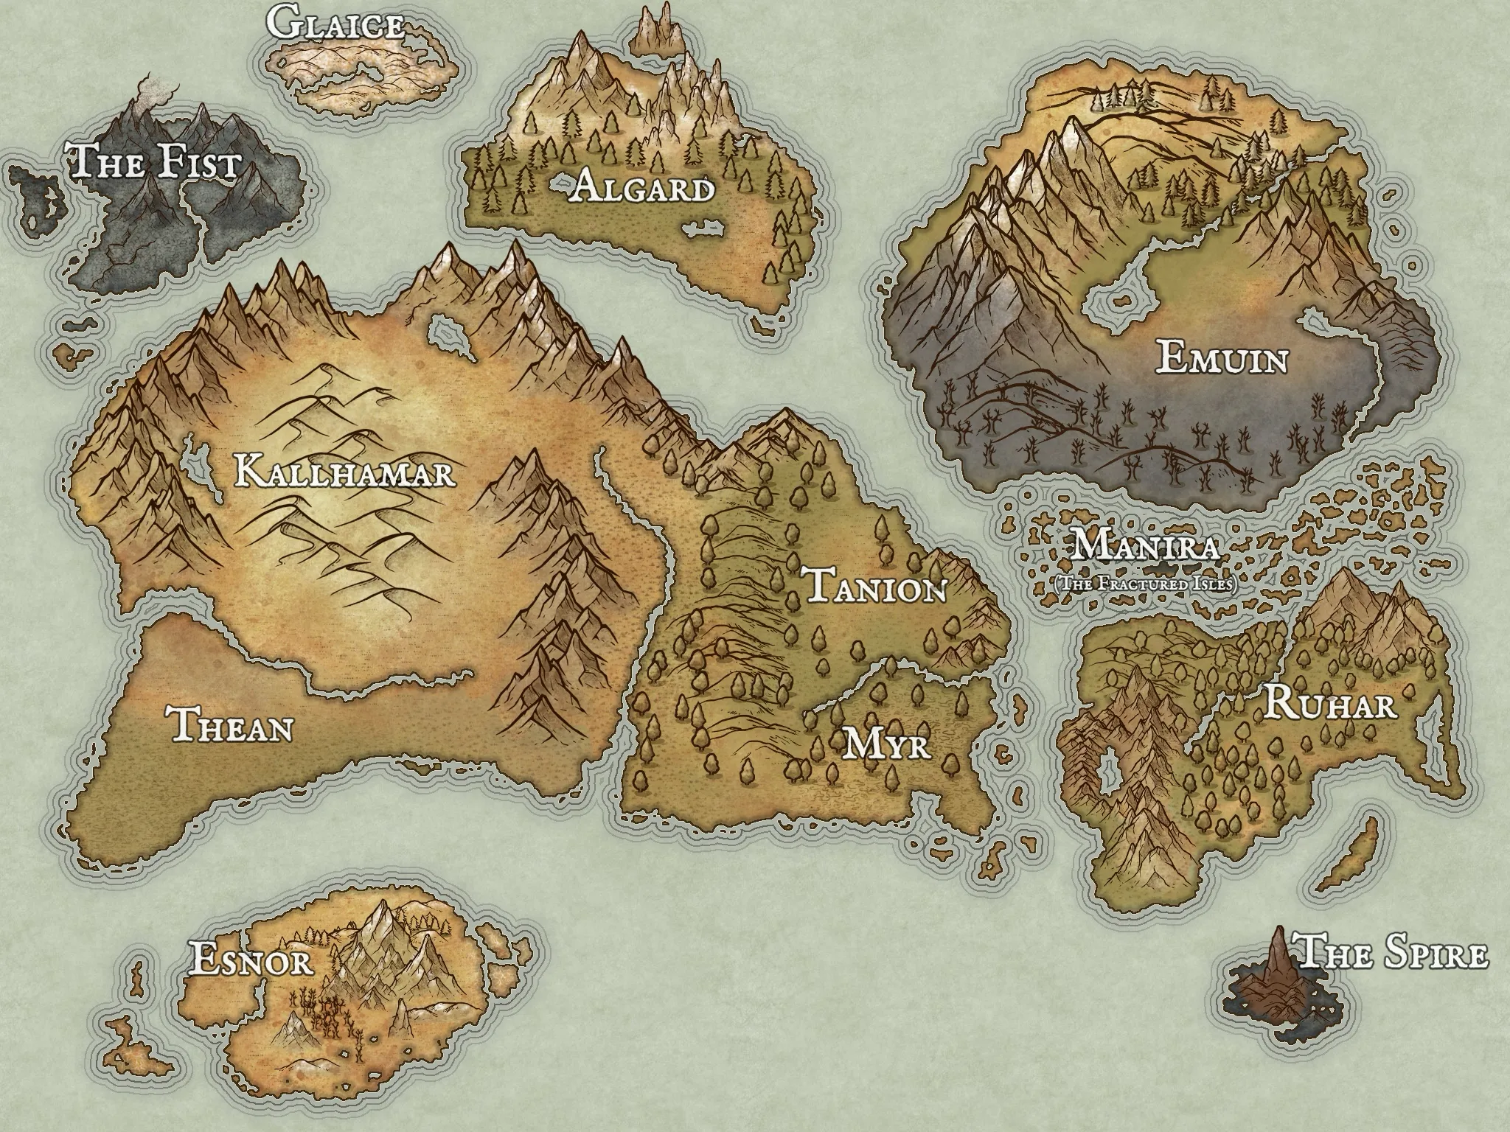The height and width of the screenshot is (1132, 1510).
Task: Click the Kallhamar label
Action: pyautogui.click(x=344, y=472)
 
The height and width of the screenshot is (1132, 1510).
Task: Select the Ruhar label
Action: pyautogui.click(x=1331, y=705)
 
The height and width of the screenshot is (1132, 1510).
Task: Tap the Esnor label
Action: pyautogui.click(x=251, y=960)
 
